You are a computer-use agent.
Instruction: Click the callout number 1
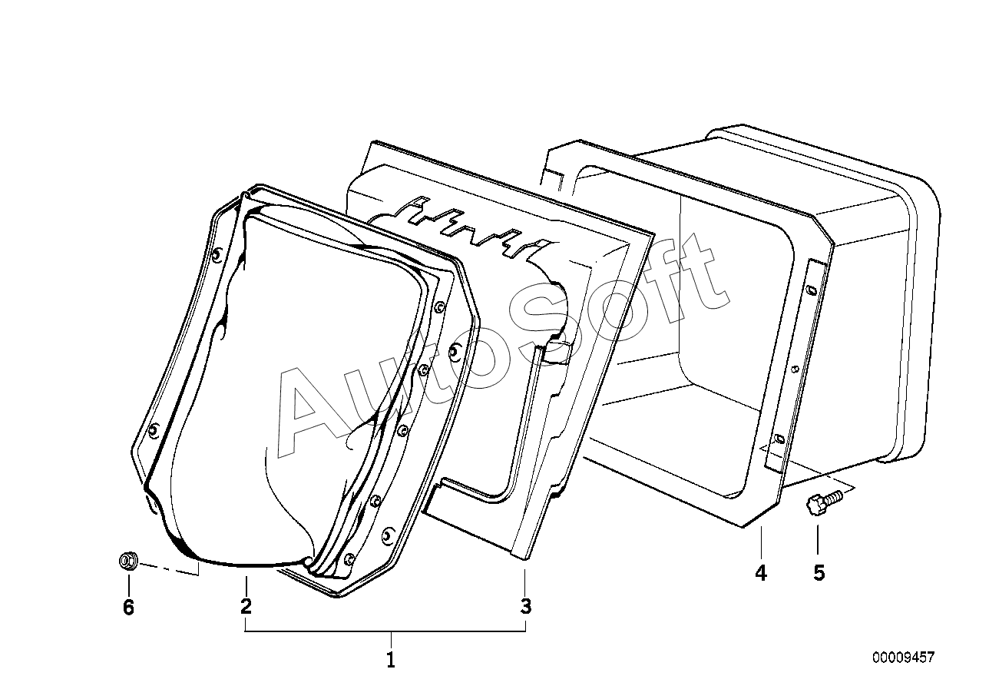[391, 660]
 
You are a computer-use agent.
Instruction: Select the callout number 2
[246, 606]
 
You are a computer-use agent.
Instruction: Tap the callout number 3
[525, 606]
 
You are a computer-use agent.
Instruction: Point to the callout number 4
[761, 573]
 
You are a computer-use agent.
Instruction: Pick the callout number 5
[819, 573]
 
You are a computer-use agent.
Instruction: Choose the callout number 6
[128, 607]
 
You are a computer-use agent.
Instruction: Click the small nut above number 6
[128, 561]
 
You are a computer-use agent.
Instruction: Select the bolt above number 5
[824, 502]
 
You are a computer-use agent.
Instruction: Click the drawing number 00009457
[903, 658]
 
